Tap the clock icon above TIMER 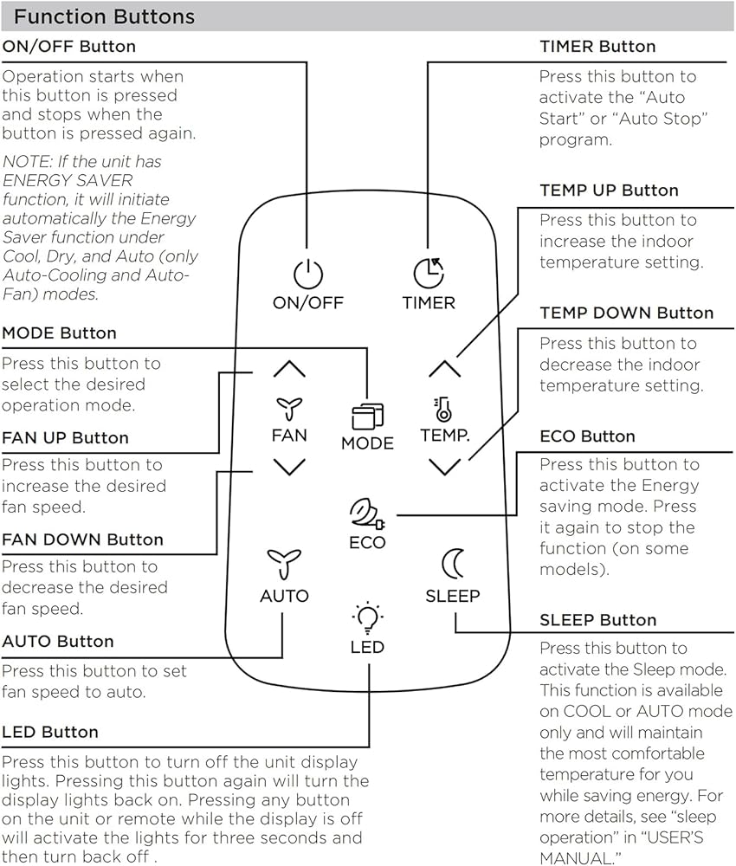pyautogui.click(x=429, y=273)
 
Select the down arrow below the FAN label pyautogui.click(x=289, y=468)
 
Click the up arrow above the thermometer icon pyautogui.click(x=444, y=368)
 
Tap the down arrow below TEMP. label pyautogui.click(x=444, y=468)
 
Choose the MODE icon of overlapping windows pyautogui.click(x=368, y=417)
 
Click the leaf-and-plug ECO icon pyautogui.click(x=367, y=514)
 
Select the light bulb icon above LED pyautogui.click(x=367, y=617)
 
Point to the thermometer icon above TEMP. pyautogui.click(x=442, y=410)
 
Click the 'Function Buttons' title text pyautogui.click(x=105, y=16)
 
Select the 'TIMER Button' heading pyautogui.click(x=598, y=47)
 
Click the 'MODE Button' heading pyautogui.click(x=59, y=333)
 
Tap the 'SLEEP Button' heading pyautogui.click(x=598, y=620)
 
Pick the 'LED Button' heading pyautogui.click(x=50, y=732)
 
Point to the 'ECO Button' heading pyautogui.click(x=587, y=436)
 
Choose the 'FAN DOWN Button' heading pyautogui.click(x=83, y=539)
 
